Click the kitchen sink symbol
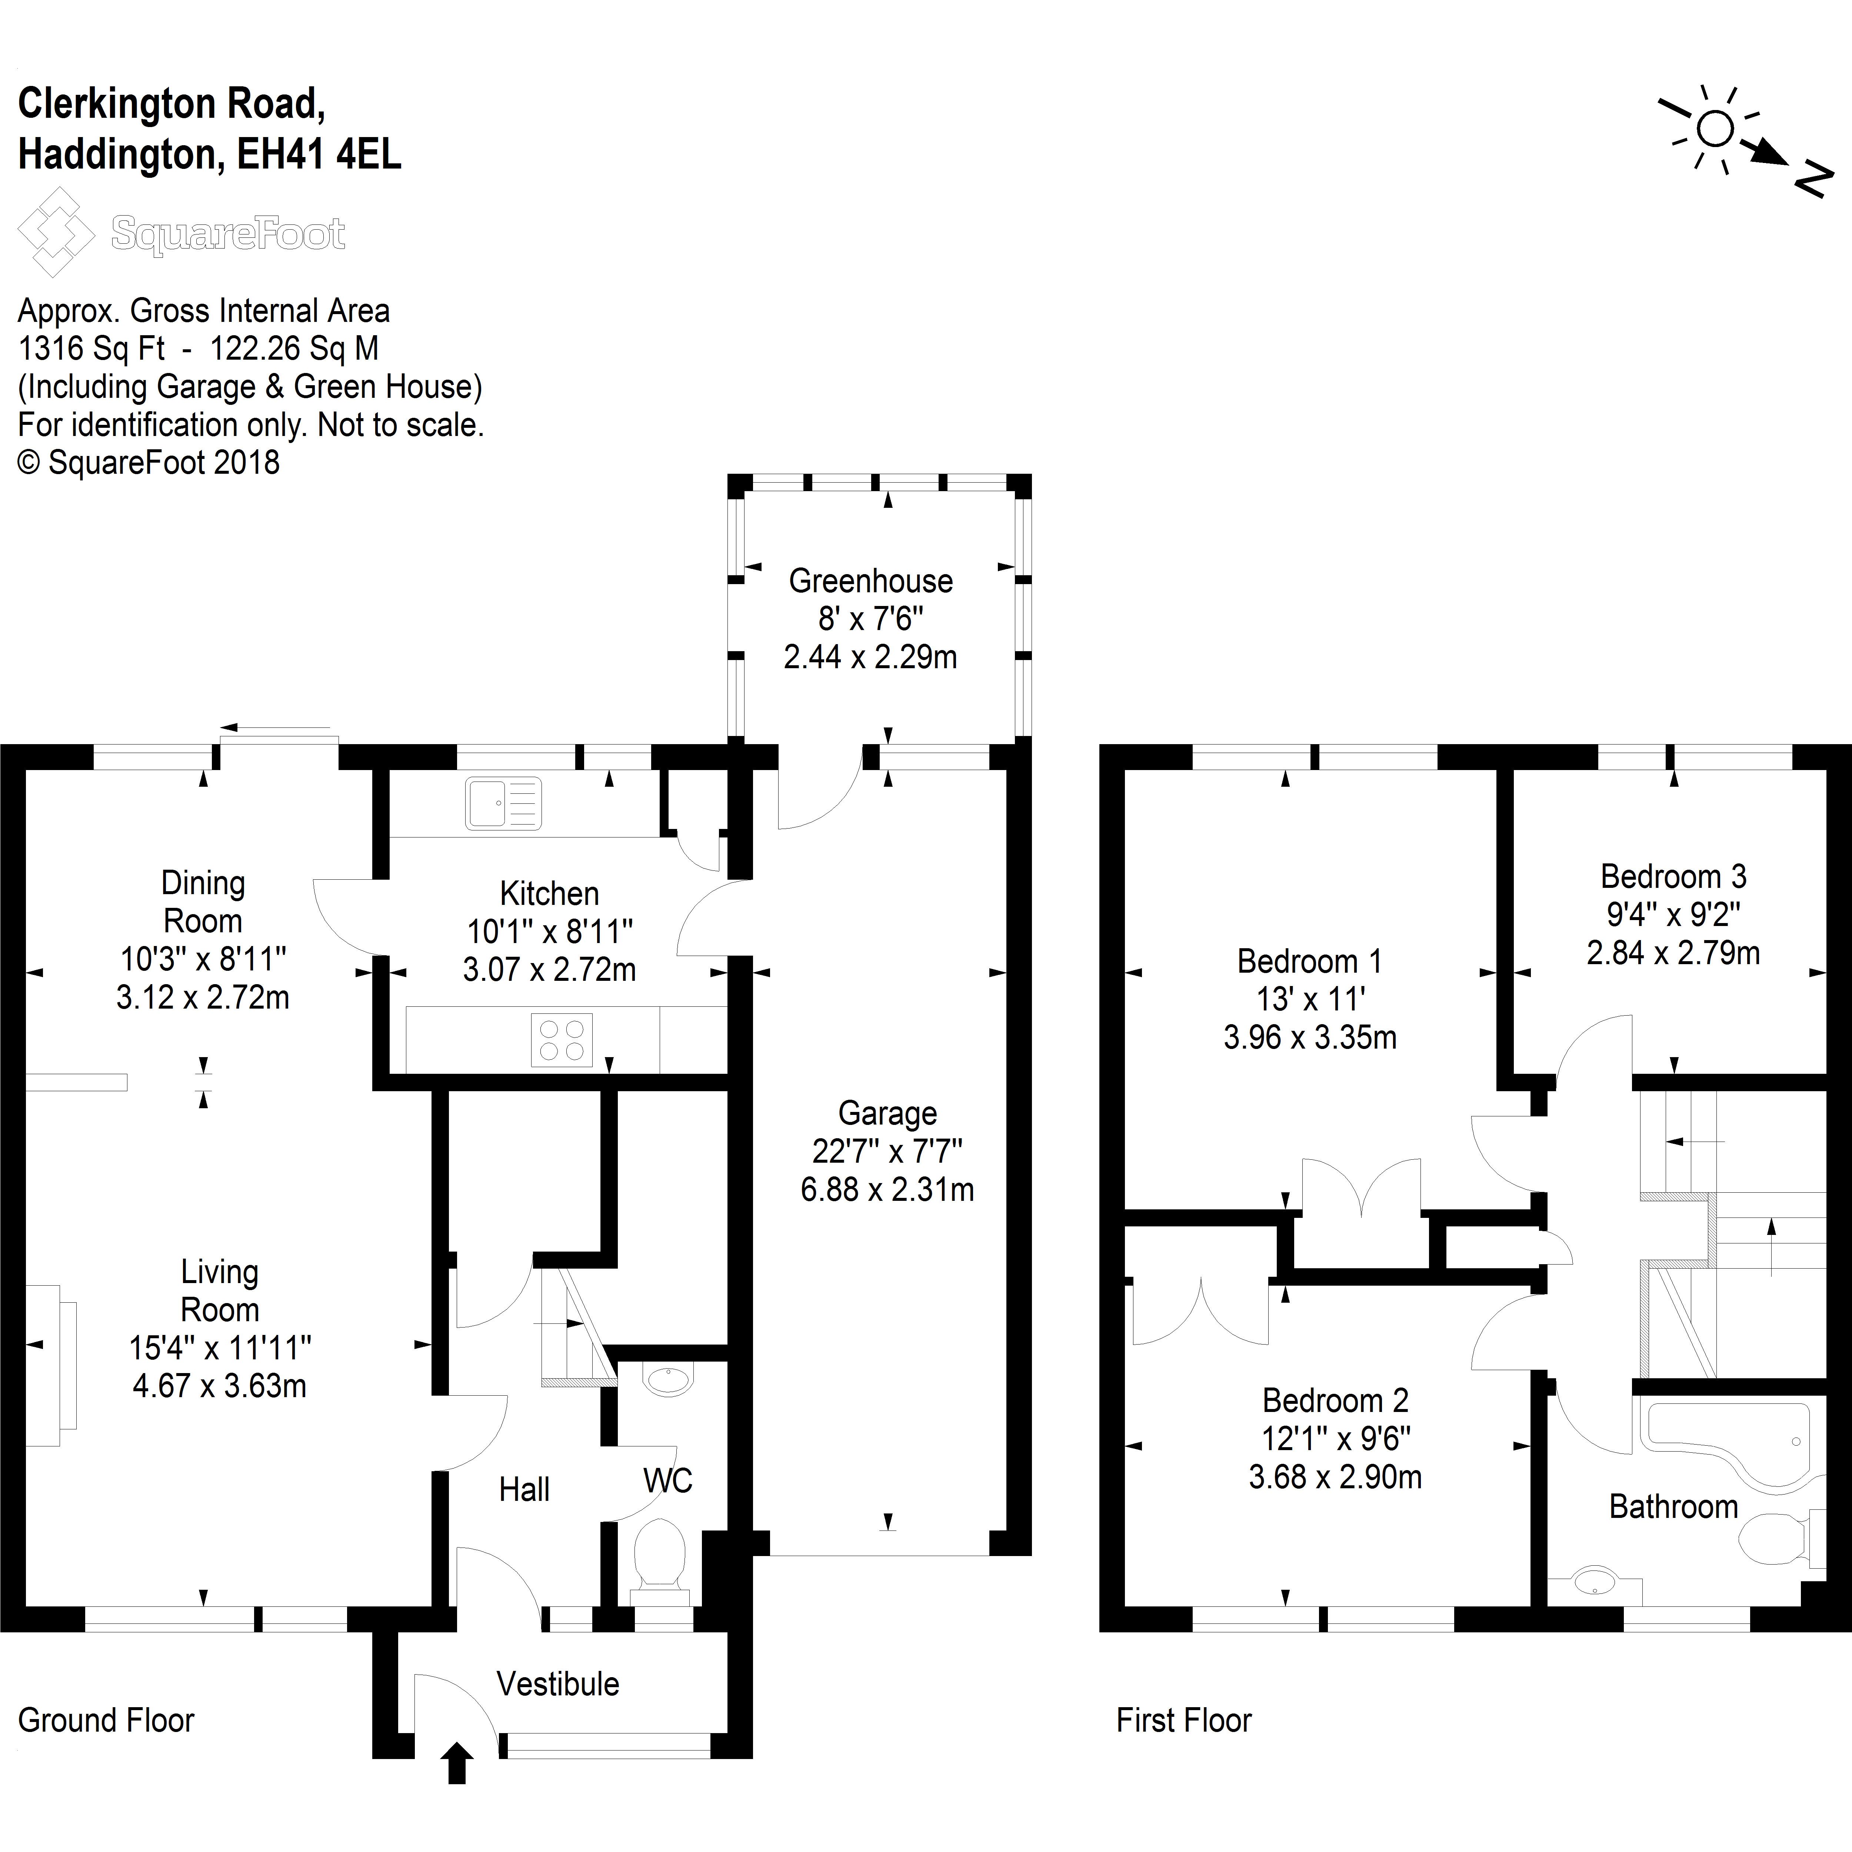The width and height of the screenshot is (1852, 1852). pos(503,803)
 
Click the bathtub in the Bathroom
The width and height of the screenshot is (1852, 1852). pos(1725,1443)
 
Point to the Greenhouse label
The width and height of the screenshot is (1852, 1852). pos(870,581)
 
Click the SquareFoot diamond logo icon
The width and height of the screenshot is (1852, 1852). pos(56,232)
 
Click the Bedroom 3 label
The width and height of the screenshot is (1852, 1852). pos(1673,876)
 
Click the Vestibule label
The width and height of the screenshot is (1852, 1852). pos(558,1684)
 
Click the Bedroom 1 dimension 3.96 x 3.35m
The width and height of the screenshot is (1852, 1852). pos(1309,1037)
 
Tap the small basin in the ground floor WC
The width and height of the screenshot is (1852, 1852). pos(668,1380)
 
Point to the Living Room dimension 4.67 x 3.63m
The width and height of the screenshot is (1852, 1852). pos(220,1386)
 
